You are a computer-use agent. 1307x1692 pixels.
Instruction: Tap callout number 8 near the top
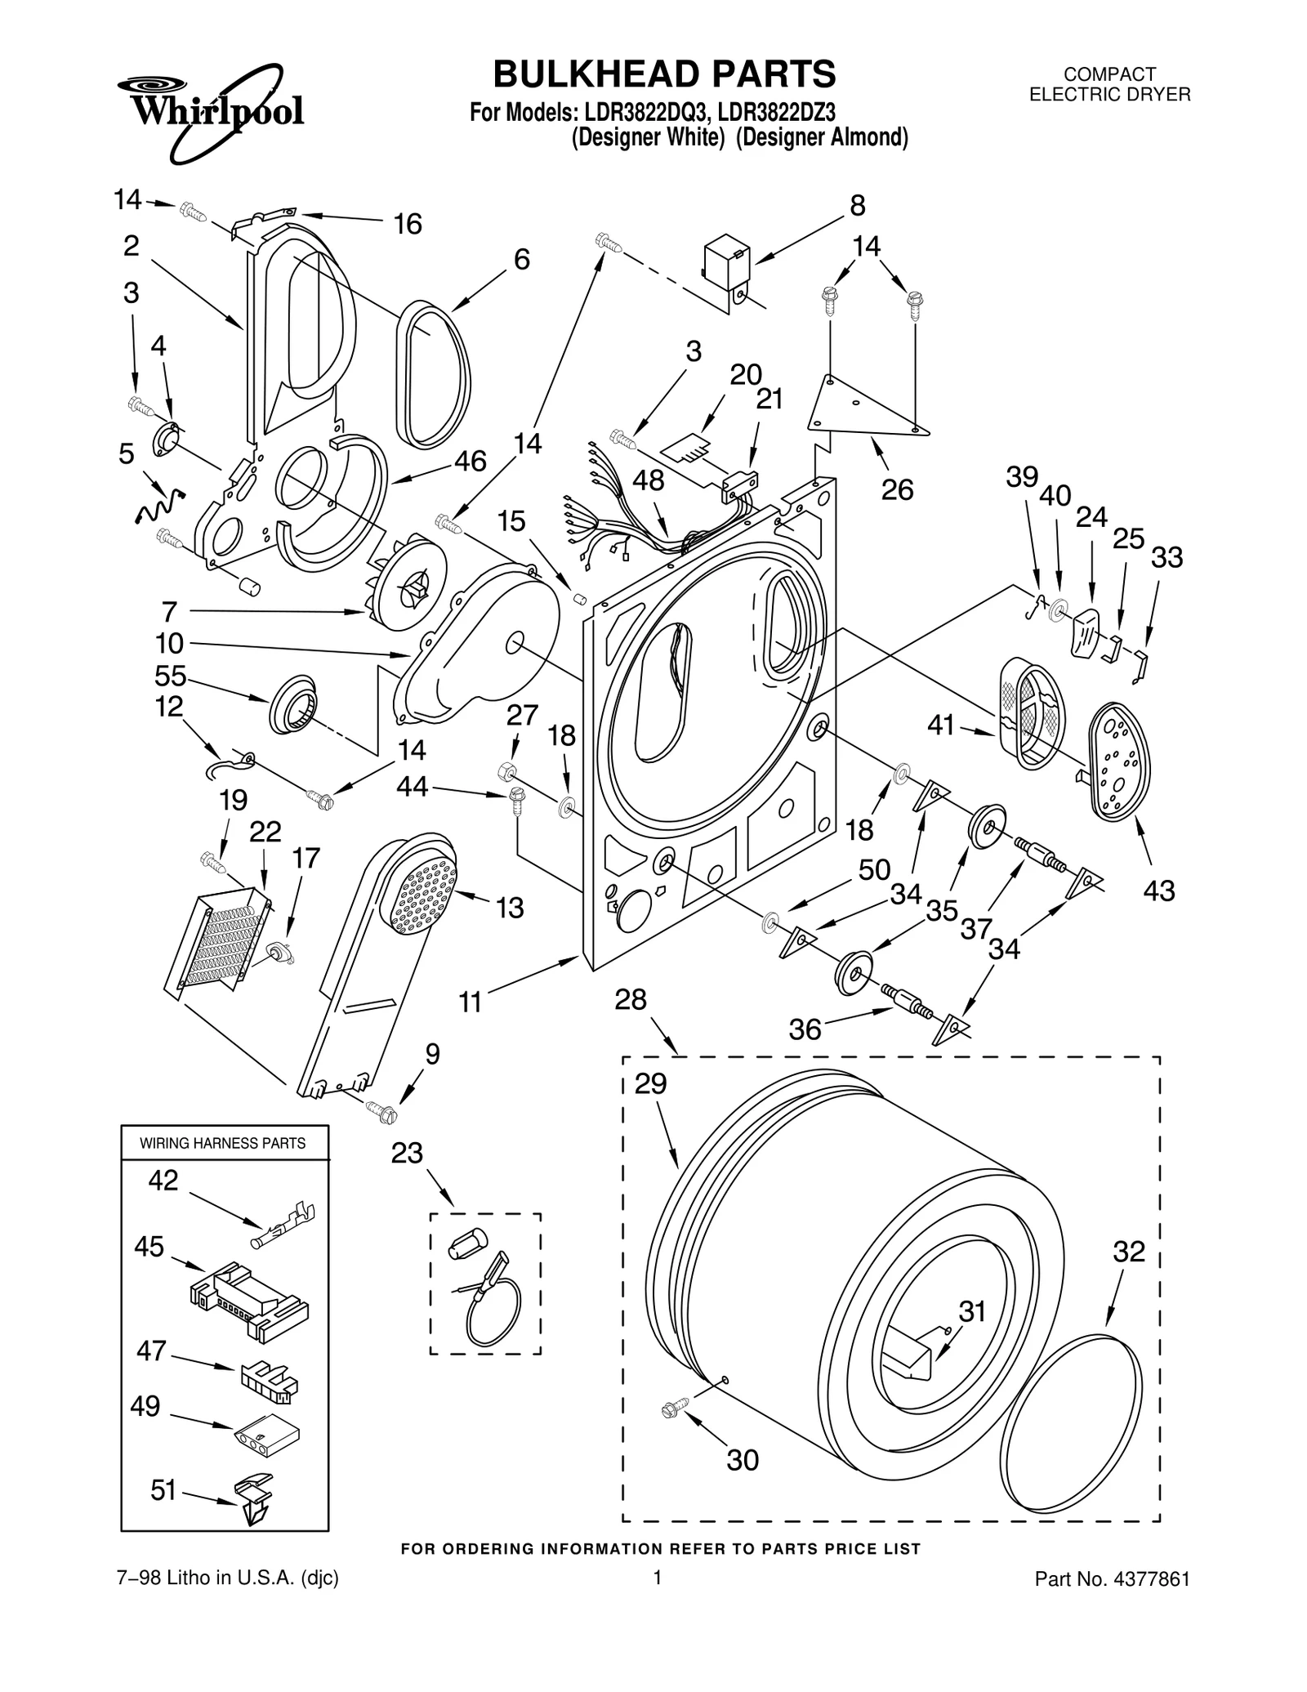click(857, 205)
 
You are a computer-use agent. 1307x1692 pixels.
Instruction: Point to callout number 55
click(171, 676)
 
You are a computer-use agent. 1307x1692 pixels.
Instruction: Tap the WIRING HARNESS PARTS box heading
click(223, 1143)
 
